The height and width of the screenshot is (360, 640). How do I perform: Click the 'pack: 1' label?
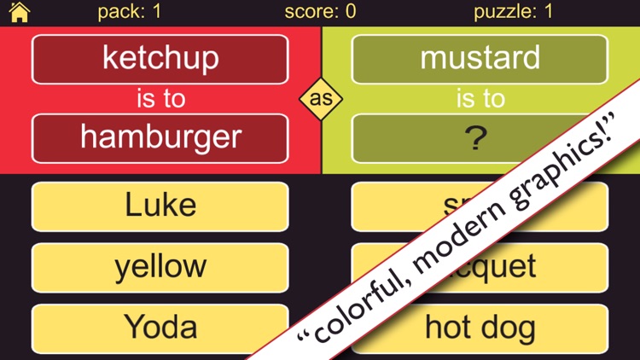[130, 12]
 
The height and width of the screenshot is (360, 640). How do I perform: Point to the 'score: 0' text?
[320, 12]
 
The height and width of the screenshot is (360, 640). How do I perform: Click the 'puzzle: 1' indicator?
[514, 12]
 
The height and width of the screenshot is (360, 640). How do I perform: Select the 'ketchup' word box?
[160, 59]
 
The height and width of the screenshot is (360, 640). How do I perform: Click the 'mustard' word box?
[480, 59]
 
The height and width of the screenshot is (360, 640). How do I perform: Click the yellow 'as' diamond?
[321, 99]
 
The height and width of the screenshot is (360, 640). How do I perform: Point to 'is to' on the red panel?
[160, 99]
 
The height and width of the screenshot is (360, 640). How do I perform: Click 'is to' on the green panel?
[480, 99]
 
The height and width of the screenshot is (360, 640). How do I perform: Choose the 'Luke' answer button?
[160, 206]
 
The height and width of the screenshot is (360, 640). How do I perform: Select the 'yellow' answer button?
[160, 267]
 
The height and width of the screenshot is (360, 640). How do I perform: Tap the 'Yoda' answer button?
[160, 328]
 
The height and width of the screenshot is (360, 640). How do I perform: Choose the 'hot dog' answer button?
[480, 328]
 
